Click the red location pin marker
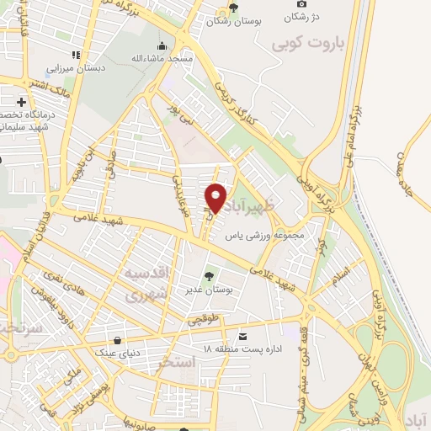[x=216, y=199]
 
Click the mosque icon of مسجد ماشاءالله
[x=162, y=45]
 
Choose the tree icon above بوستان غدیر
[x=209, y=276]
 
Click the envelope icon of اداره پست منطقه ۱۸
[x=243, y=336]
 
